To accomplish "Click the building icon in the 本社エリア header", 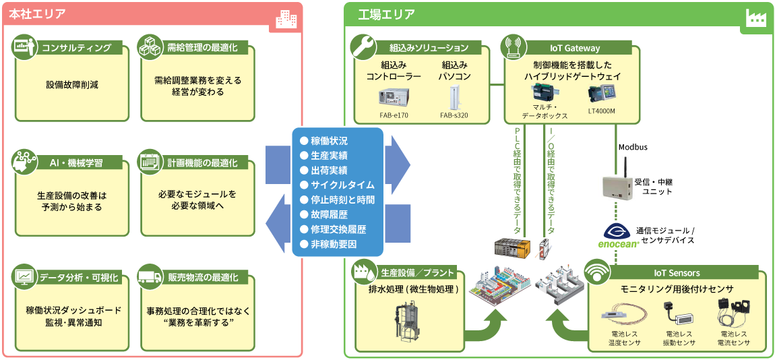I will (286, 20).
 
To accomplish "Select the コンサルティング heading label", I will (77, 48).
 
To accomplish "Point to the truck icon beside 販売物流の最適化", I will (148, 277).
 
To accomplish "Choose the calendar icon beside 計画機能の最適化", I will (148, 162).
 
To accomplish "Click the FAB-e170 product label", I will (394, 115).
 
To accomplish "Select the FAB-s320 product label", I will (454, 115).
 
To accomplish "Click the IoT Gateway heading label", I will (574, 48).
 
